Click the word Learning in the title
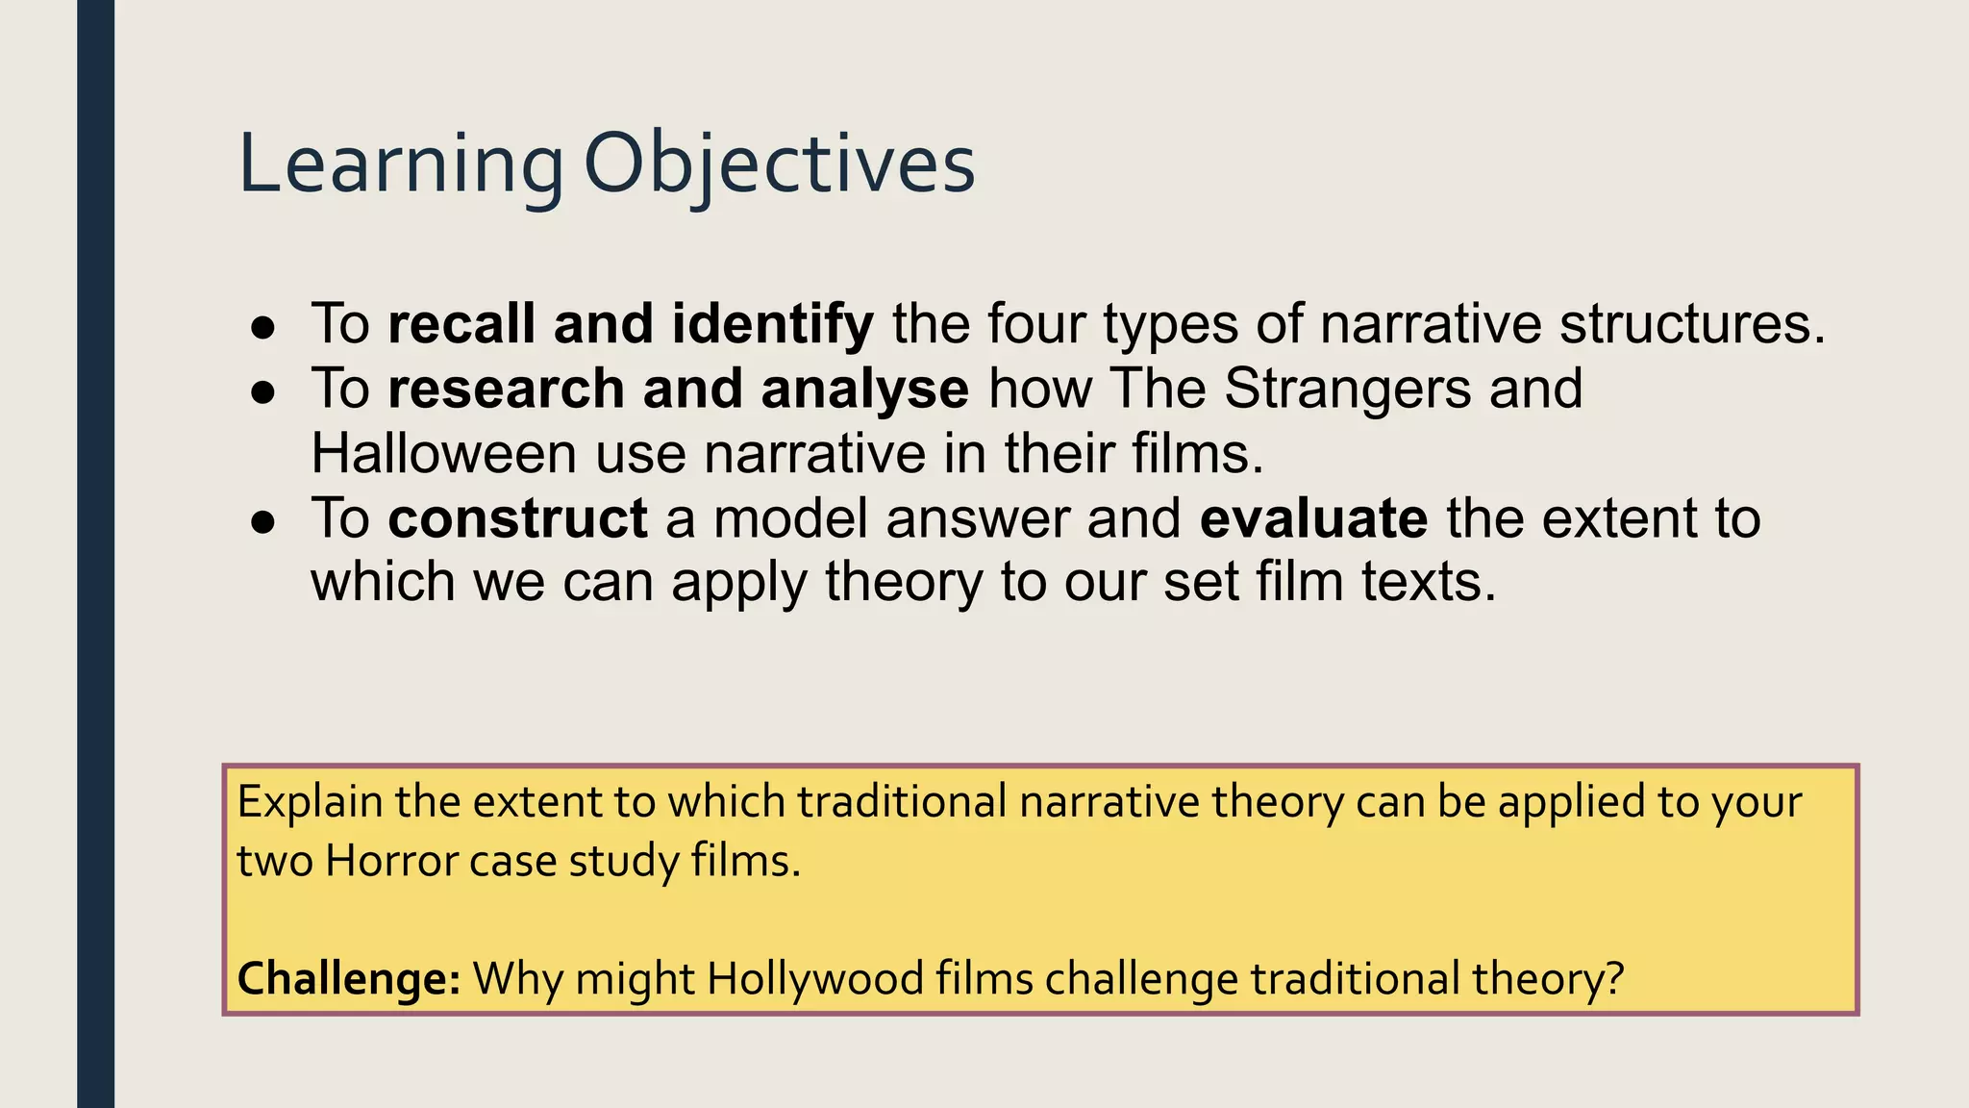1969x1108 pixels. click(400, 165)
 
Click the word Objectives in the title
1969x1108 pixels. click(779, 165)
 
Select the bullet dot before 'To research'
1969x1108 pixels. click(263, 392)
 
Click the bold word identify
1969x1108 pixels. click(772, 324)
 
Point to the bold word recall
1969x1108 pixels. click(461, 324)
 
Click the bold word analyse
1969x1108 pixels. click(864, 389)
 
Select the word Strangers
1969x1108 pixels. click(1348, 389)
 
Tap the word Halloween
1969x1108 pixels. click(443, 453)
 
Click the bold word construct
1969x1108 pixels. click(517, 518)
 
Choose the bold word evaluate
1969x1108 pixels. click(1313, 518)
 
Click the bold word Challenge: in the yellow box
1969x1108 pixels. click(349, 979)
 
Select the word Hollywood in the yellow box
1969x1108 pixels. click(816, 979)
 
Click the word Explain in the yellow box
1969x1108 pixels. click(310, 802)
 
